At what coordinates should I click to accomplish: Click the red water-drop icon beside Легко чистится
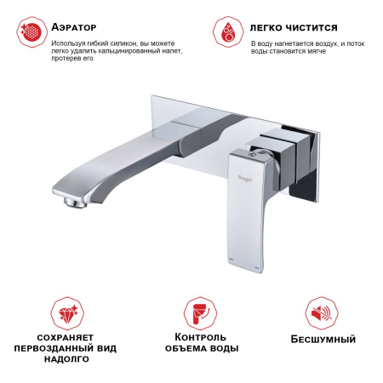pyautogui.click(x=226, y=31)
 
